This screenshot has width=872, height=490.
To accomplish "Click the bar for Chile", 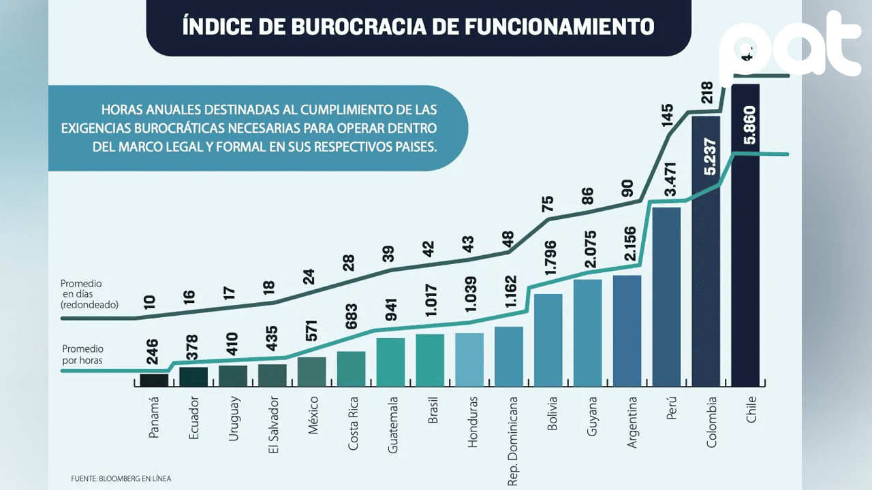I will click(745, 272).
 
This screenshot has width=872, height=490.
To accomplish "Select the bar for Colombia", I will click(705, 286).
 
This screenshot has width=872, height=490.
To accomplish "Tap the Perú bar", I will click(666, 299).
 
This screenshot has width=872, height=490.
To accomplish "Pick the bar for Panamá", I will click(154, 380).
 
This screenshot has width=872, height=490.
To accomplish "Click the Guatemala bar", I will click(390, 362).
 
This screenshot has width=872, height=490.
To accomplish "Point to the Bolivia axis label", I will click(552, 413).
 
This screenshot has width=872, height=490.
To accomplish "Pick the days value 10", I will click(150, 301).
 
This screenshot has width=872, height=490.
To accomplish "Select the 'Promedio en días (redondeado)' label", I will click(89, 294).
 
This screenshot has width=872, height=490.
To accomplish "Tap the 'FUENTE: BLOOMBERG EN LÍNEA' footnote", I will click(121, 478).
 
